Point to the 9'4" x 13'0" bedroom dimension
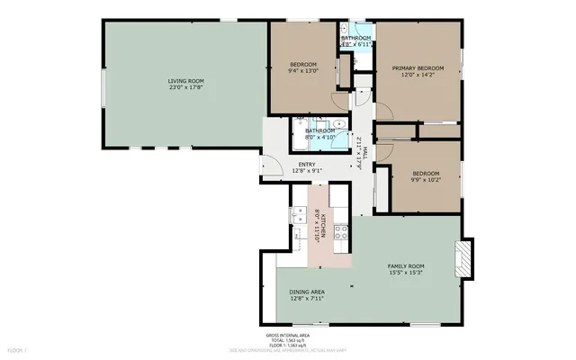tap(303, 69)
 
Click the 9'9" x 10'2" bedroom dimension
tap(426, 179)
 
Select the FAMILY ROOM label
tap(405, 266)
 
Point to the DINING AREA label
tap(307, 292)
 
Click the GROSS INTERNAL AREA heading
tap(285, 335)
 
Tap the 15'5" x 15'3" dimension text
tap(405, 273)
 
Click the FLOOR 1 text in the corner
tap(17, 348)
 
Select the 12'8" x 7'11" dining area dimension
tap(307, 299)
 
